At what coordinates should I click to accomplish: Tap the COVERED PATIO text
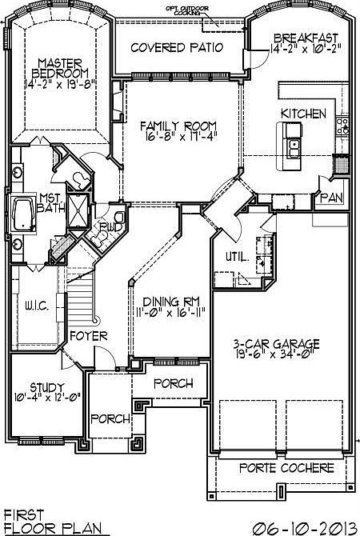(x=177, y=46)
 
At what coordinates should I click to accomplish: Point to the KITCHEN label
(x=302, y=114)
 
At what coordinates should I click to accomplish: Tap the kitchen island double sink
(x=294, y=147)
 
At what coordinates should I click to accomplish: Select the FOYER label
(x=88, y=336)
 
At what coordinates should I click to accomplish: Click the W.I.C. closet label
(x=37, y=304)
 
